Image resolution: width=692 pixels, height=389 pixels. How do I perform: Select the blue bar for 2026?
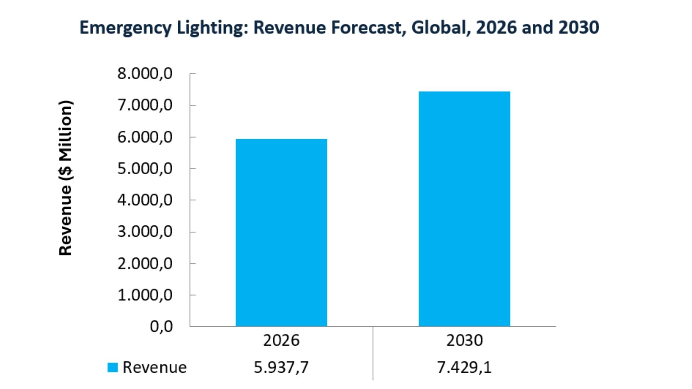coord(281,232)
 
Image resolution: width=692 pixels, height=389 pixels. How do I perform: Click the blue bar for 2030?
coord(464,209)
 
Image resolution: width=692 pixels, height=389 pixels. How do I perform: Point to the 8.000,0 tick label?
coord(145,74)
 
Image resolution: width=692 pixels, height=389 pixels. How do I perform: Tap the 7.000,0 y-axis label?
coord(145,106)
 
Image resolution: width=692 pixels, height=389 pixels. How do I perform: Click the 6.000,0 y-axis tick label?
coord(145,137)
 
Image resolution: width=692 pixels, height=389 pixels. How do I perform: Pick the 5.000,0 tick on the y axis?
coord(145,169)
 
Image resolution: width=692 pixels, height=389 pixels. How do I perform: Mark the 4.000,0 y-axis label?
coord(145,200)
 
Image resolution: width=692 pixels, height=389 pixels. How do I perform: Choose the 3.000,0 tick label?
coord(145,232)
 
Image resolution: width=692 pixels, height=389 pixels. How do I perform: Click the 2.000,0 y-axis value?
coord(145,264)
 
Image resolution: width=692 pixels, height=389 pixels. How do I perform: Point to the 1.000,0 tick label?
coord(145,295)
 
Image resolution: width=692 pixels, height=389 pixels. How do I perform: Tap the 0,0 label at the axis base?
coord(161,327)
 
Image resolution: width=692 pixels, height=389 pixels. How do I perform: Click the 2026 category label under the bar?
coord(281,340)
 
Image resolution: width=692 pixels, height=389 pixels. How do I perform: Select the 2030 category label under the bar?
coord(464,340)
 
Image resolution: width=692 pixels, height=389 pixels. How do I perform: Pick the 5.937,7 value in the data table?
coord(281,367)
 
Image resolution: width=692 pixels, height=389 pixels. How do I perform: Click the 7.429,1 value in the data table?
coord(464,367)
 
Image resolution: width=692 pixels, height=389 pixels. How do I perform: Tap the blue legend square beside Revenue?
coord(113,367)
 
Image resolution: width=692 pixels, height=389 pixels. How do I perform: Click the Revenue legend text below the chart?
coord(155,367)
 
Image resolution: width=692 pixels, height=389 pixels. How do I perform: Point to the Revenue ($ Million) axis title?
coord(66,178)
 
